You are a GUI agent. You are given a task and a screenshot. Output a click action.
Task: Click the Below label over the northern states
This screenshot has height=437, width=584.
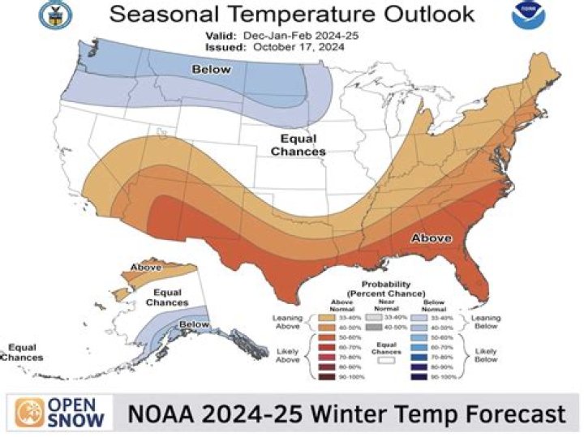tap(210, 71)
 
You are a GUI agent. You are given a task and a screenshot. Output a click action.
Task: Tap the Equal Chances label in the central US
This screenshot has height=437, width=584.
tap(298, 145)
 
